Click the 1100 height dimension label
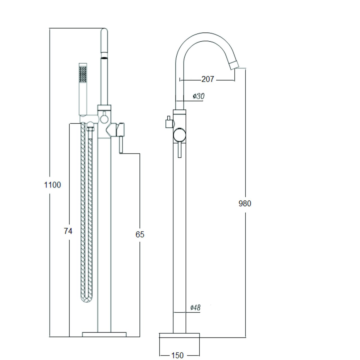pos(53,185)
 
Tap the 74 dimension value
pos(68,231)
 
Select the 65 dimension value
pos(140,235)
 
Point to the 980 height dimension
pos(245,203)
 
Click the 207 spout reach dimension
pos(208,79)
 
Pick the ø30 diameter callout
pos(199,96)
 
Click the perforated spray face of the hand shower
pos(83,74)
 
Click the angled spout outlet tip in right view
pos(234,65)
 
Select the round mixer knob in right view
pos(179,135)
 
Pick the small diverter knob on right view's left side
pos(169,122)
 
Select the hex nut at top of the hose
pos(90,129)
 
